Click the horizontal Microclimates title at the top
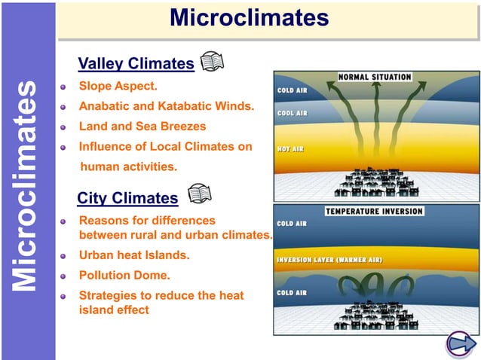click(x=249, y=17)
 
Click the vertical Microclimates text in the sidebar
click(x=26, y=185)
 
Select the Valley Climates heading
click(x=136, y=63)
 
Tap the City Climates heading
click(x=127, y=198)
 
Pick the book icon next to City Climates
click(x=199, y=194)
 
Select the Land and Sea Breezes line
click(x=142, y=127)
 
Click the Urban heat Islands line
click(x=134, y=255)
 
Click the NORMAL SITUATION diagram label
click(x=375, y=77)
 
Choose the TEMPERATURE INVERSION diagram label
click(x=375, y=212)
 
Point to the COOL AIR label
click(x=292, y=113)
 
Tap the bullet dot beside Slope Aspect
click(x=66, y=87)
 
